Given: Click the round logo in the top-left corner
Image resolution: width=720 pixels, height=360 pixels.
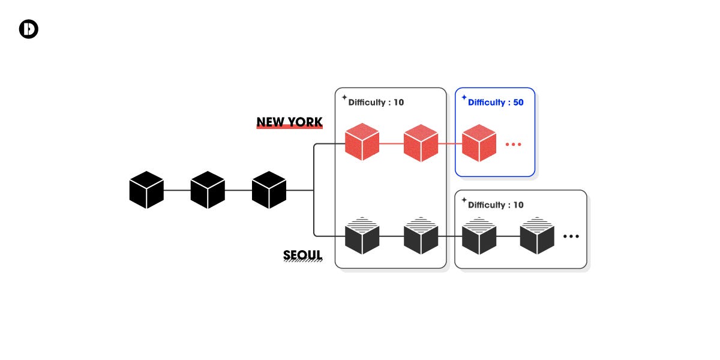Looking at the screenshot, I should [29, 29].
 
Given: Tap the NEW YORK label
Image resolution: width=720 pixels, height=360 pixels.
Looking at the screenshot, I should [289, 122].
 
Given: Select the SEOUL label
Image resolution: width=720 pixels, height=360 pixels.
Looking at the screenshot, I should [302, 256].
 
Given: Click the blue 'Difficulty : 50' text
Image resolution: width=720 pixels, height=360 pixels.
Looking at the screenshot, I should [496, 103].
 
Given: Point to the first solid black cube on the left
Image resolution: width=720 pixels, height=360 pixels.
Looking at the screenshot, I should [146, 190].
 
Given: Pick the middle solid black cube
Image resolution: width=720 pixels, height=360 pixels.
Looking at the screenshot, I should [208, 190].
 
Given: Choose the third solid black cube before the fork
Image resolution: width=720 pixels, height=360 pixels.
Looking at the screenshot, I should [269, 190].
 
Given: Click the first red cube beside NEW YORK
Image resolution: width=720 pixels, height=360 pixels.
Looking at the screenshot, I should [362, 143].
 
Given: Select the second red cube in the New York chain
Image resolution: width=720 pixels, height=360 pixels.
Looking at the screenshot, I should [421, 143].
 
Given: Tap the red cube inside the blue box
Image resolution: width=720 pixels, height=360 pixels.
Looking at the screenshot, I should [479, 143].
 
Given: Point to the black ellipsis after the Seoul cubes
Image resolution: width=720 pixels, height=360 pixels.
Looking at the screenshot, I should [571, 236].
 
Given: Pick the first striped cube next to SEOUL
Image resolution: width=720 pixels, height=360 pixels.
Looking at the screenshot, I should [362, 236].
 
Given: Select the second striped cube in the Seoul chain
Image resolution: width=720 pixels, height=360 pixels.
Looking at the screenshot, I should [421, 236].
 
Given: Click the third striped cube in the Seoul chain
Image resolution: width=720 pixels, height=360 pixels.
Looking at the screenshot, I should [479, 236].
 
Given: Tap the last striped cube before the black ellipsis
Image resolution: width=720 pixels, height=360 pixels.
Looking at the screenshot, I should [536, 236].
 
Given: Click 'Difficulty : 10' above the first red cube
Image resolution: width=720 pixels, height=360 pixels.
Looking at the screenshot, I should [376, 103].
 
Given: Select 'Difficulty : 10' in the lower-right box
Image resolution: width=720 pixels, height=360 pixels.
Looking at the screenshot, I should [496, 205].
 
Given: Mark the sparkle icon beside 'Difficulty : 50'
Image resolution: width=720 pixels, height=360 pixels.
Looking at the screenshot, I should [464, 97].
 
